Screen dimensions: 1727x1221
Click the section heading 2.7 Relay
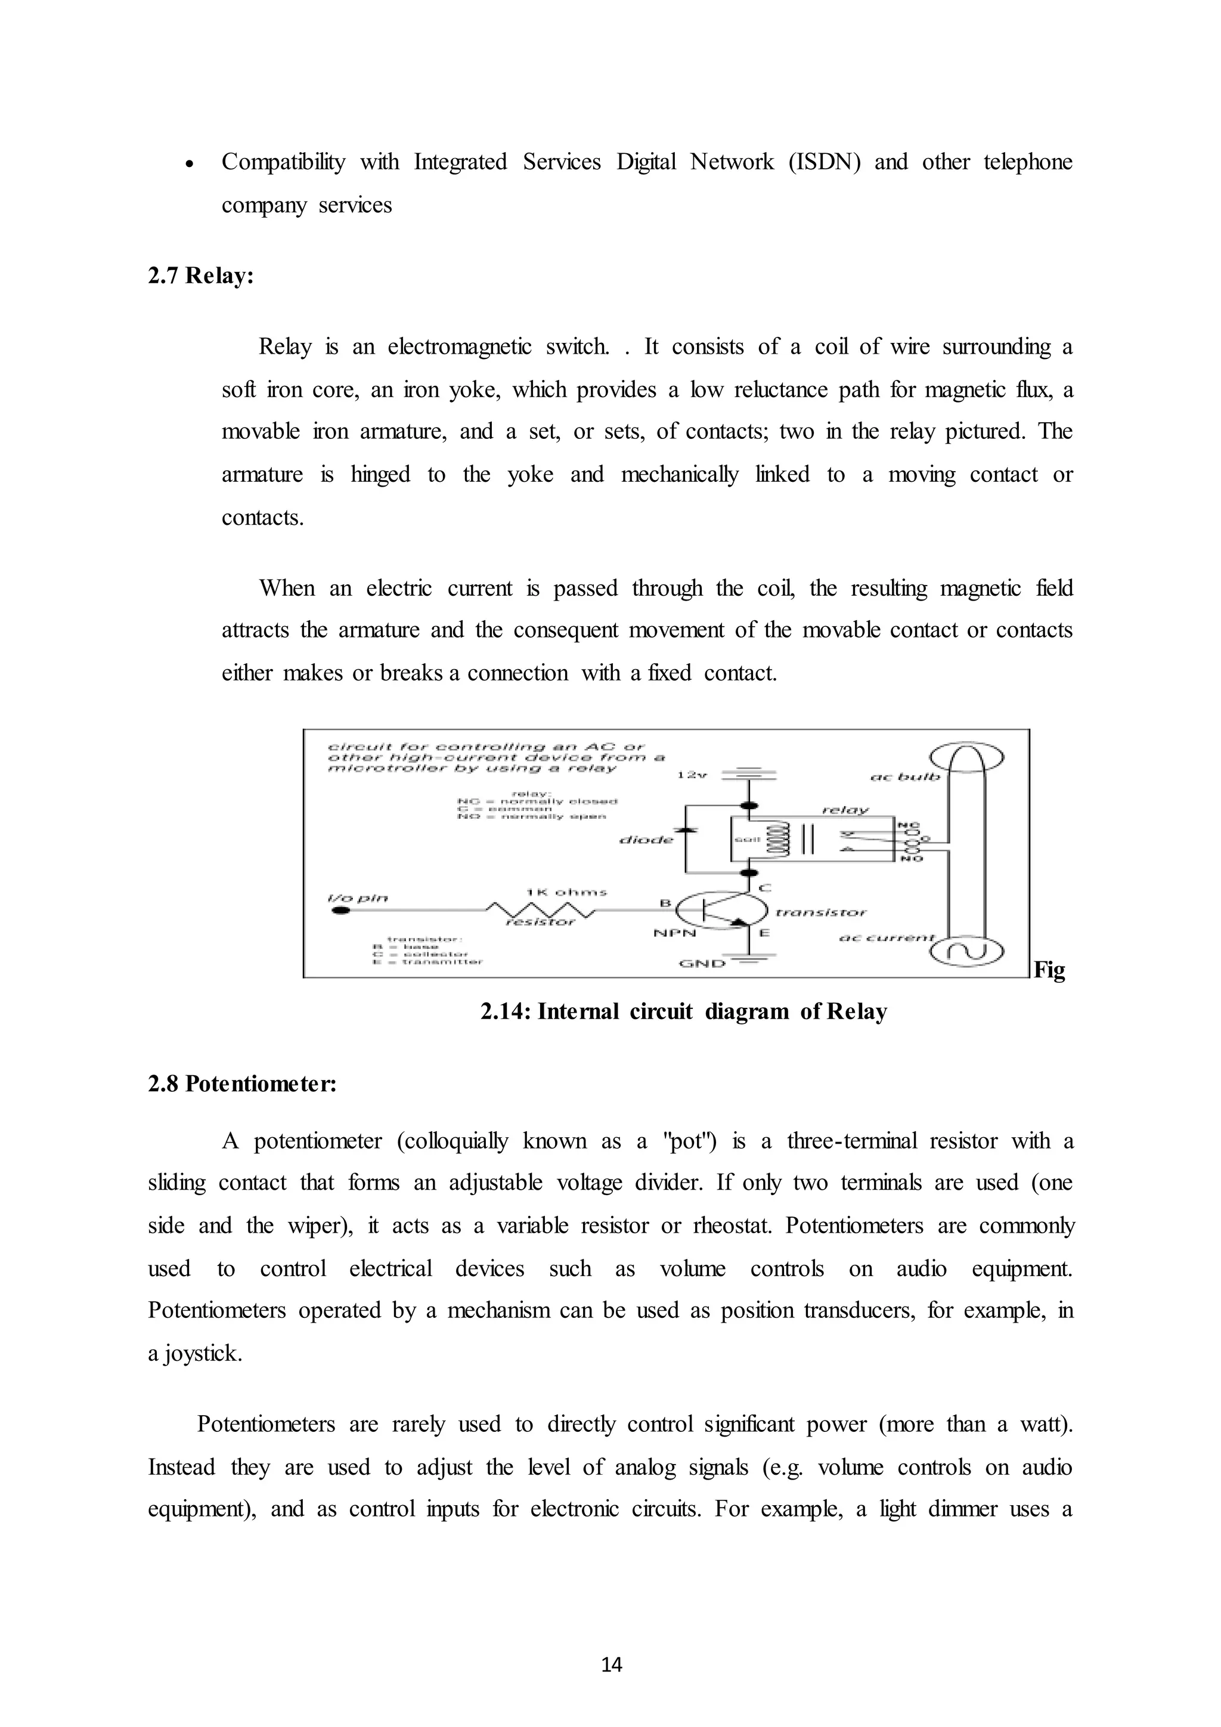pos(201,276)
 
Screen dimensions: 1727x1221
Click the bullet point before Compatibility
pos(190,165)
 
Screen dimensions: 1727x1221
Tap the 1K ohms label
pos(566,892)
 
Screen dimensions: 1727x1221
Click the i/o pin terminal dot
pos(340,911)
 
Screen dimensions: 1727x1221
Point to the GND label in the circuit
pos(702,962)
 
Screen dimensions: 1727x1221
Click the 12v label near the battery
pos(692,775)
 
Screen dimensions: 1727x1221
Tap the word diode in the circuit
pos(646,840)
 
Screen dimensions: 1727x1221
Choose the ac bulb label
pos(904,777)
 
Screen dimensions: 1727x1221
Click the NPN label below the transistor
pos(674,933)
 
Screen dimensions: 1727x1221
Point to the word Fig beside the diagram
pos(1049,970)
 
